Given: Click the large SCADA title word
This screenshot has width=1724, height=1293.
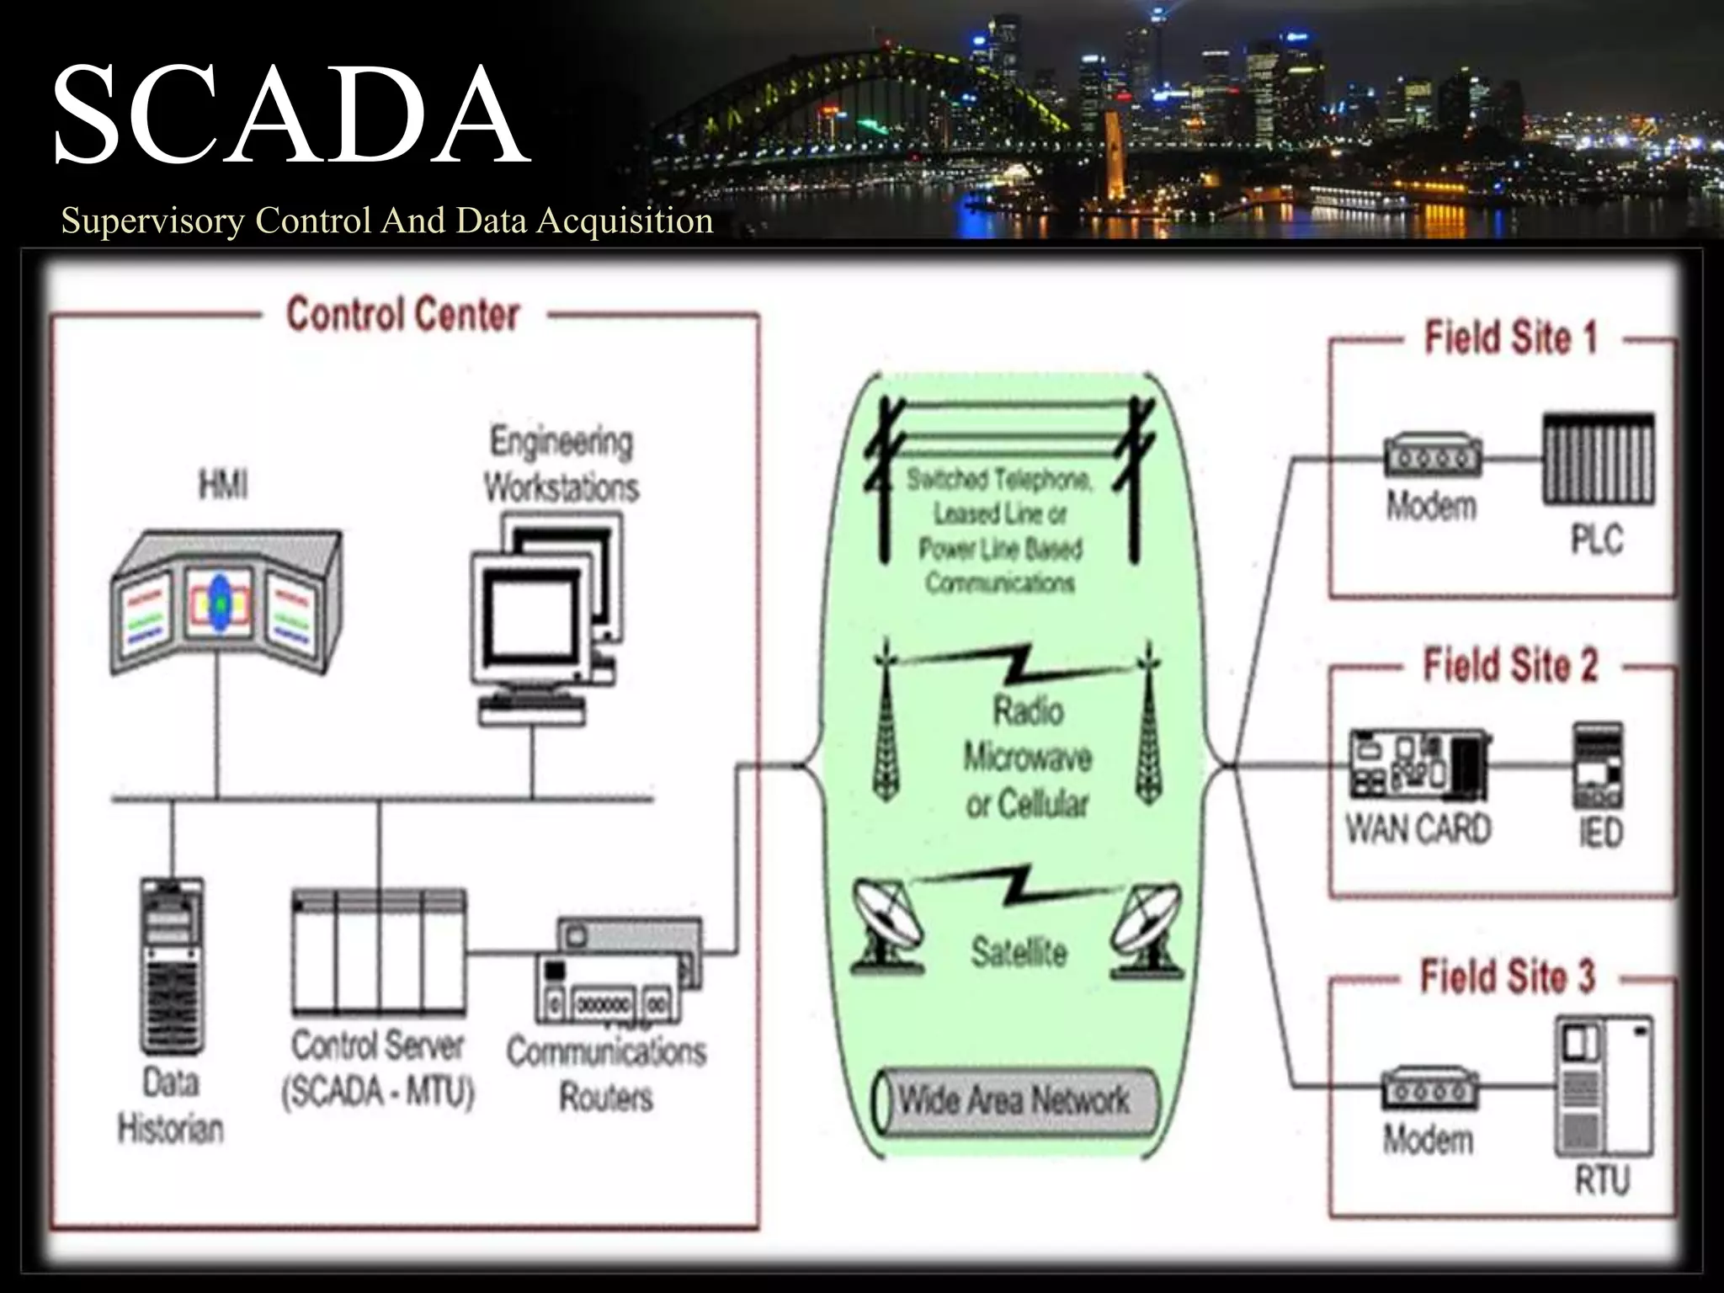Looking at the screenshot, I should coord(290,115).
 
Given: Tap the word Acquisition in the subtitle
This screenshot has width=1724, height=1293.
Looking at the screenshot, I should coord(625,221).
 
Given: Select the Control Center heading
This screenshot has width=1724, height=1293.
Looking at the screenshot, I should coord(402,315).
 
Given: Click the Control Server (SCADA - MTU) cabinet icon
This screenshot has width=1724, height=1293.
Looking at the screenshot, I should coord(379,952).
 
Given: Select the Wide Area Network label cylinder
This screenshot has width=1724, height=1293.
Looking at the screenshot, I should coord(1014,1101).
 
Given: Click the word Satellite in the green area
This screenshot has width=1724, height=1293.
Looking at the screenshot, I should coord(1019,953).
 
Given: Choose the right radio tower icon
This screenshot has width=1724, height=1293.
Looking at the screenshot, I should coord(1148,726).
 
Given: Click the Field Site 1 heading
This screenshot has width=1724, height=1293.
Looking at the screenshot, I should coord(1509,338).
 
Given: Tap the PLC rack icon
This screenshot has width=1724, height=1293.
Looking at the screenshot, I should coord(1598,460).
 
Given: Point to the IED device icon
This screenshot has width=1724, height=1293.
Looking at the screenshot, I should coord(1599,765).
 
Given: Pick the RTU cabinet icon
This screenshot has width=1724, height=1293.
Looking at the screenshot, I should coord(1603,1087).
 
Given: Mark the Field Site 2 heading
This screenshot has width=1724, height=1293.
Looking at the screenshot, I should coord(1509,666).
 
